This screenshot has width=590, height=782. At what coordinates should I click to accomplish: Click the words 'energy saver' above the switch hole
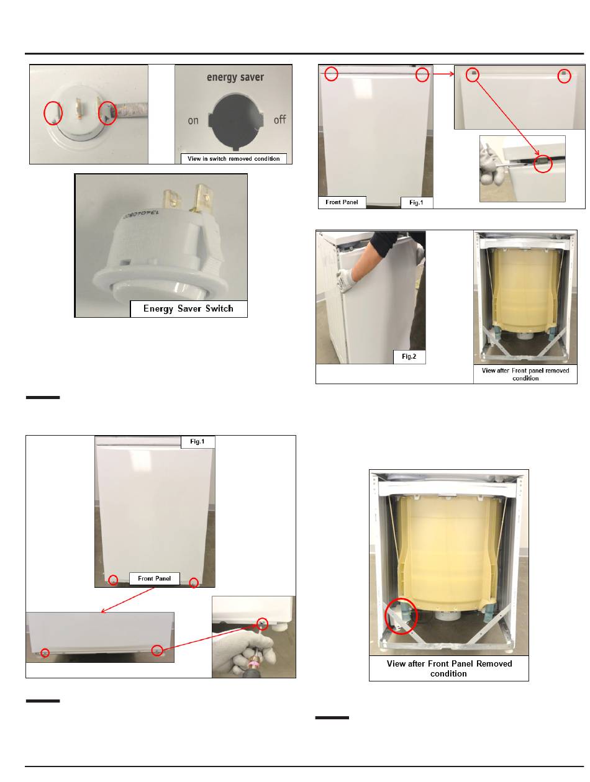click(x=235, y=78)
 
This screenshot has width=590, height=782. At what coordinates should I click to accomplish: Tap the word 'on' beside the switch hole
click(x=193, y=120)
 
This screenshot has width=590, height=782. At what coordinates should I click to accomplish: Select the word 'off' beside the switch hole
click(x=279, y=119)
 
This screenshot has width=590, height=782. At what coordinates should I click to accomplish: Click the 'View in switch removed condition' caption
click(x=234, y=158)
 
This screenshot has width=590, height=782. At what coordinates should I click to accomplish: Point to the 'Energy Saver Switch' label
click(x=188, y=308)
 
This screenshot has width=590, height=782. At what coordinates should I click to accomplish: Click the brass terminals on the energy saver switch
click(x=188, y=199)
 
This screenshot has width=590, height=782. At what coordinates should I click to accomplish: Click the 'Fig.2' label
click(x=409, y=356)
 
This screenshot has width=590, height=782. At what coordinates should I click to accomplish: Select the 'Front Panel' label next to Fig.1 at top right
click(x=341, y=202)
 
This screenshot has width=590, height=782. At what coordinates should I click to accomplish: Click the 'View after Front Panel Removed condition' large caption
click(x=449, y=668)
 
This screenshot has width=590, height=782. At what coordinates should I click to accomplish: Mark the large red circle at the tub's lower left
click(x=401, y=616)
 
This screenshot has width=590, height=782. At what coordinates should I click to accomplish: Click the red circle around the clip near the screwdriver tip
click(x=543, y=163)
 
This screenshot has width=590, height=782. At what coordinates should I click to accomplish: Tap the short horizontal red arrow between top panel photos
click(x=443, y=74)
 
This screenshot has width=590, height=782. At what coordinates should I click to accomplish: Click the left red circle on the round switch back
click(x=53, y=113)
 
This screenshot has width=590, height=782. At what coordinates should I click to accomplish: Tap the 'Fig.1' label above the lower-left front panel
click(x=197, y=441)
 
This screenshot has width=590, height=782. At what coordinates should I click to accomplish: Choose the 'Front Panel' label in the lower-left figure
click(x=154, y=578)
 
